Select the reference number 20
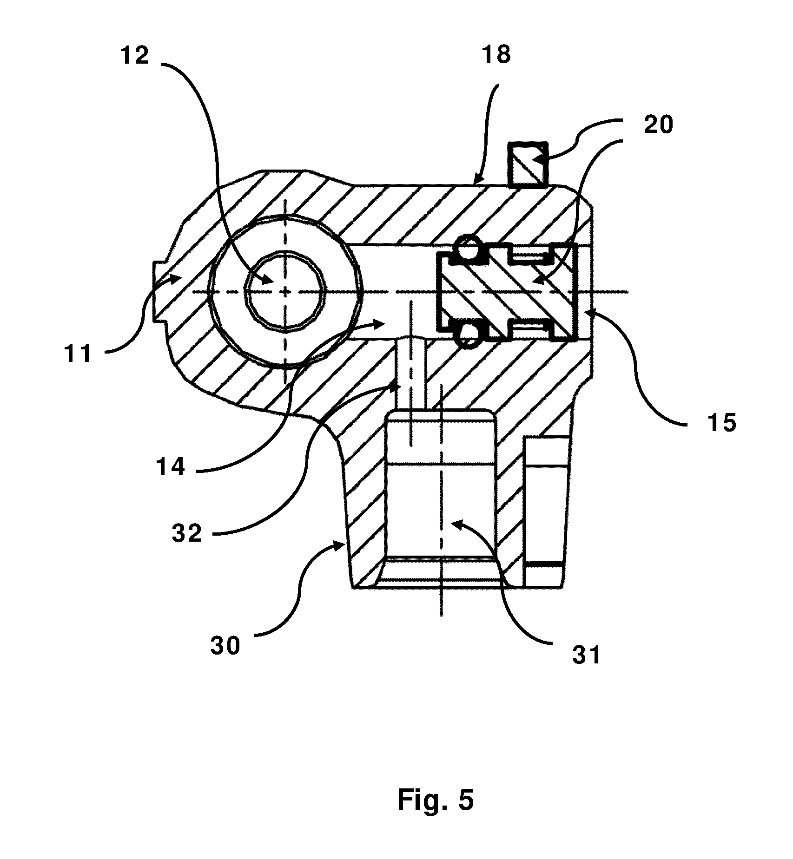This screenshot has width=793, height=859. (658, 125)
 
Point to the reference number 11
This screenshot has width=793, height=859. (78, 354)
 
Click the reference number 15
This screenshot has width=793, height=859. (722, 423)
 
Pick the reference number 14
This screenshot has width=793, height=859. (171, 467)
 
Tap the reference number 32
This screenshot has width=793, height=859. (187, 534)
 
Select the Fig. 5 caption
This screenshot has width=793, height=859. (436, 800)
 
